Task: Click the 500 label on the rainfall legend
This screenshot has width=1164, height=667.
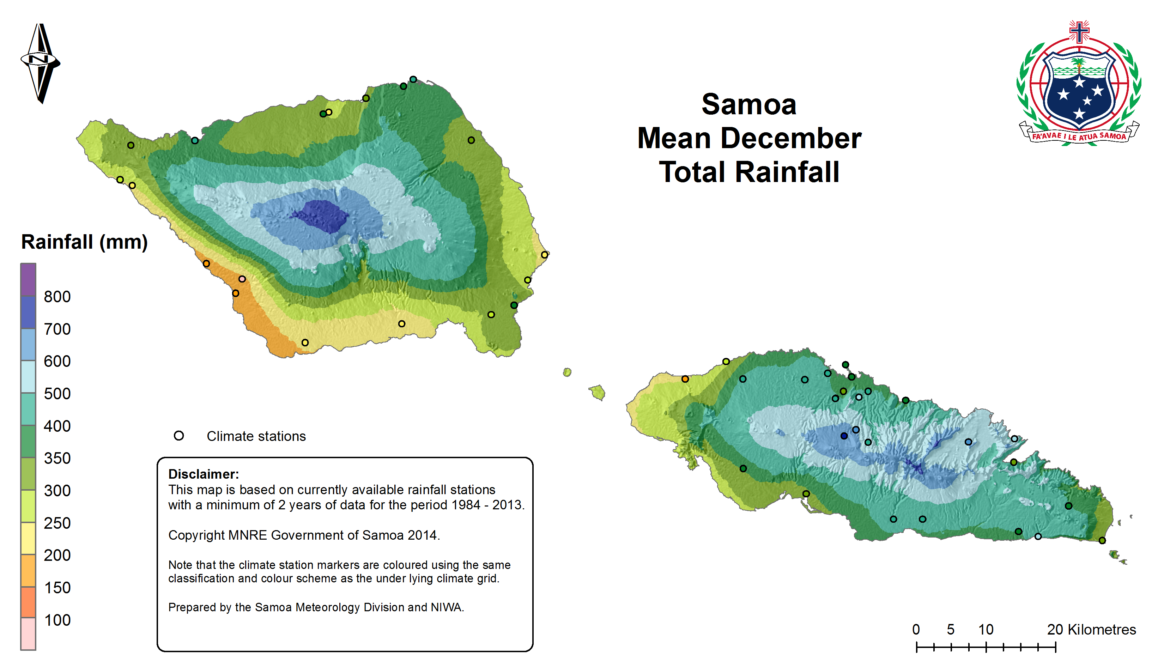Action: (x=57, y=394)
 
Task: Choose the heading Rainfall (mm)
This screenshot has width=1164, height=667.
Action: (x=84, y=242)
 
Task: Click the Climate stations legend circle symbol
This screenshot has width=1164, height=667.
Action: (x=178, y=436)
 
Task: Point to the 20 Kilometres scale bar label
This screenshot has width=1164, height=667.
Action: (x=1091, y=630)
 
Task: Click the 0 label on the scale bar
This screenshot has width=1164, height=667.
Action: (x=916, y=630)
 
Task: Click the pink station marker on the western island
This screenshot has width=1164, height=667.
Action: (x=242, y=279)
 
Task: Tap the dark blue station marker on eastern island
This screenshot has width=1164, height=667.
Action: (x=844, y=436)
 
